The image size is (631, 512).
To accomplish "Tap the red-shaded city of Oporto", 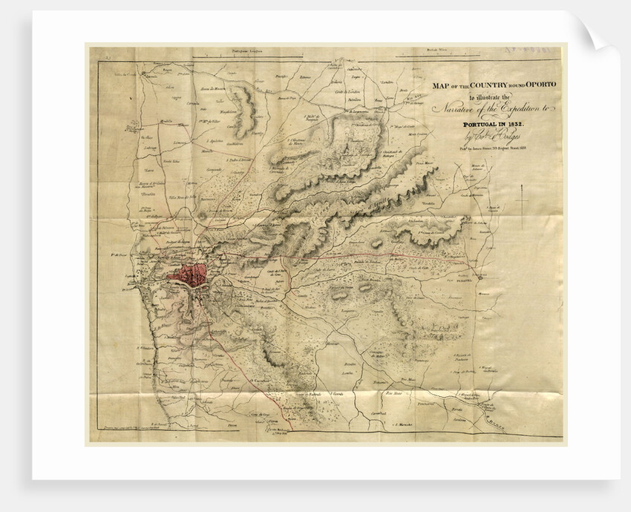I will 190,275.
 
